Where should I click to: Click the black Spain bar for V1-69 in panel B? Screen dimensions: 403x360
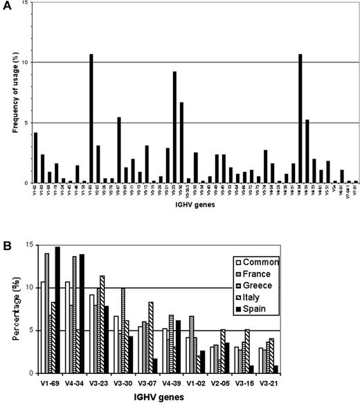click(x=57, y=310)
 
